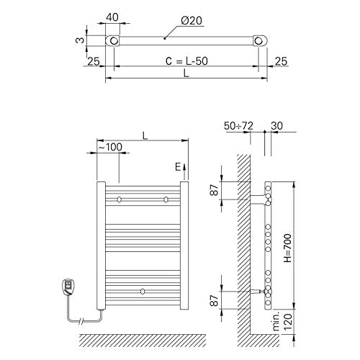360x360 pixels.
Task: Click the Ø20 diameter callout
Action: pos(192,21)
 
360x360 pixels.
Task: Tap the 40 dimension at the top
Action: pos(112,17)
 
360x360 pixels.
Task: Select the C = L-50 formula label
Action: pos(186,61)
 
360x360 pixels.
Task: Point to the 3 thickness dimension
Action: pos(80,40)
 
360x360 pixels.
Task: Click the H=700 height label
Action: pos(287,248)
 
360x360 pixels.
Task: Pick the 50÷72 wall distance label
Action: pos(238,126)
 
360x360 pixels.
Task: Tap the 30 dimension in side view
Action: pos(276,126)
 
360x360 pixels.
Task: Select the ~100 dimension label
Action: pos(110,147)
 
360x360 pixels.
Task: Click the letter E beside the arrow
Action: pos(178,167)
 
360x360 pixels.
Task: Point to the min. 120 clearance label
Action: pos(284,320)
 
